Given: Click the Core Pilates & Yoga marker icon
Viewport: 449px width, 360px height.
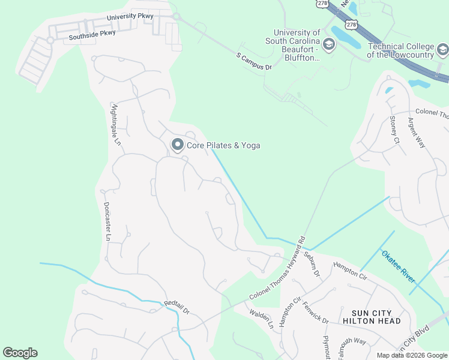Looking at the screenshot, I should click(177, 145).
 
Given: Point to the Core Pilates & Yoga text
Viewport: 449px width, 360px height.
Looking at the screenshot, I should click(224, 145).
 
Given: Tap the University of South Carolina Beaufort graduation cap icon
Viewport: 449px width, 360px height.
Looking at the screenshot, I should click(328, 44).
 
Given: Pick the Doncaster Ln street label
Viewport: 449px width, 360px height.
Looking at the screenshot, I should click(107, 220).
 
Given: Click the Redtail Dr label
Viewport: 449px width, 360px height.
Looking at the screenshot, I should click(177, 308).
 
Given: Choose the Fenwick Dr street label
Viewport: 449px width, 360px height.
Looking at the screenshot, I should click(316, 313).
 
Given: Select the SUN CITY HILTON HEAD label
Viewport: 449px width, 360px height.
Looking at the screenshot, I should click(367, 317).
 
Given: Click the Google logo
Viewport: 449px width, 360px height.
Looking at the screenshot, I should click(20, 353).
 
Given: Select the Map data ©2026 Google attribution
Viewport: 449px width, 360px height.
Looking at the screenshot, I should click(411, 355).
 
